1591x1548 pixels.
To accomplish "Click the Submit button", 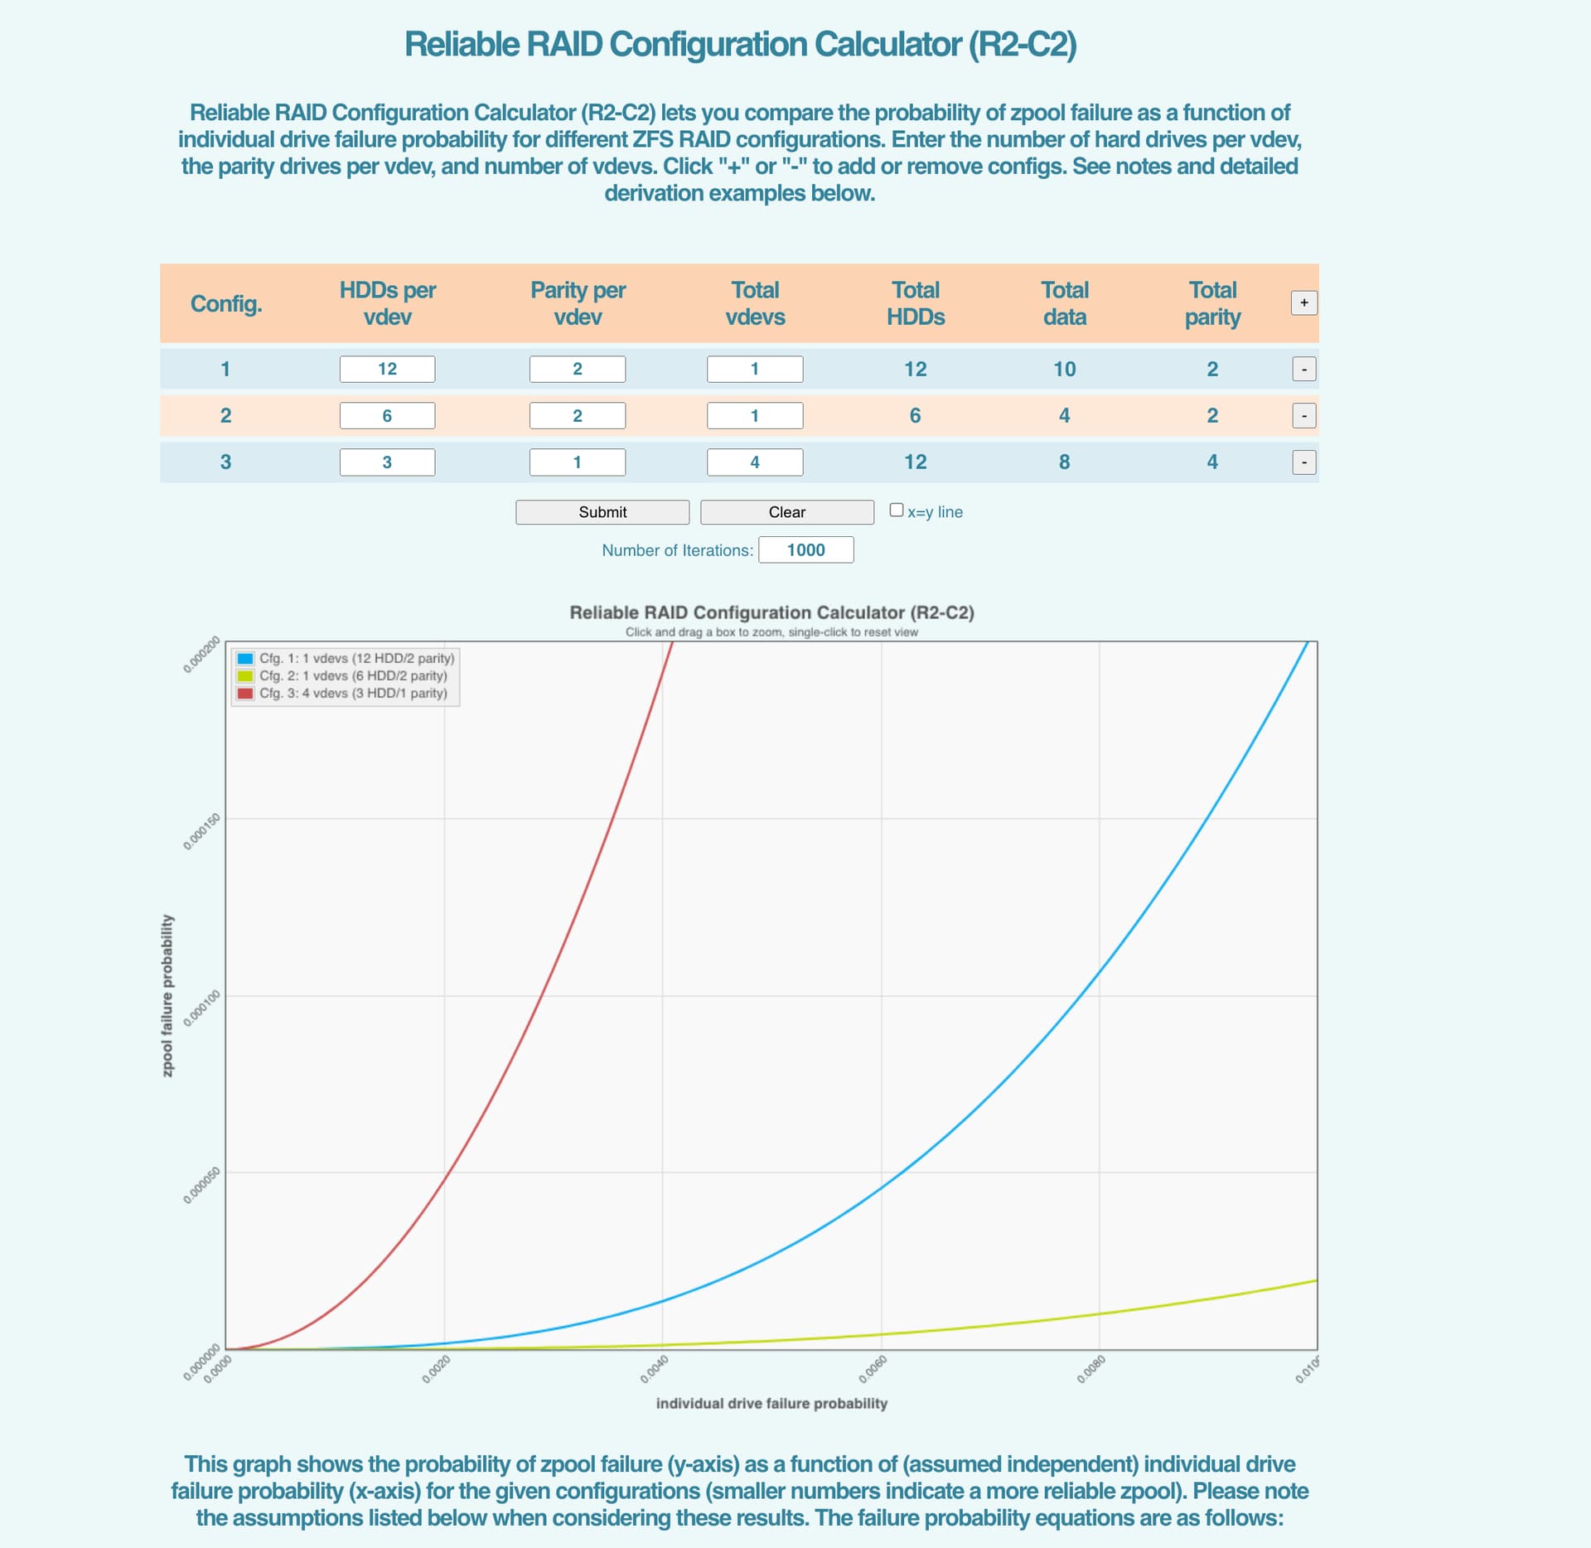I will point(602,512).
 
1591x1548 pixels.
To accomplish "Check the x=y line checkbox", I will point(896,510).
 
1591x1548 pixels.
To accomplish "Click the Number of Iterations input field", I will point(805,549).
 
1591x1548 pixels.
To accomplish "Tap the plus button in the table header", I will point(1303,302).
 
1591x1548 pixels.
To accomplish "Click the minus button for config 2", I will point(1303,415).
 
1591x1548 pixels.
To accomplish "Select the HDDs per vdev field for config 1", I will point(387,369).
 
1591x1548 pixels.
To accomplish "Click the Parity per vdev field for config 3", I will point(577,462).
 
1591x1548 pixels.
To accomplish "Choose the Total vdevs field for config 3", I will point(754,462).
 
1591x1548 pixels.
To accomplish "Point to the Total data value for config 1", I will point(1064,369).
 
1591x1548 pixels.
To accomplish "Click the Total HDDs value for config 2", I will point(915,415).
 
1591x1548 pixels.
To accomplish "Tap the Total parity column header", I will point(1212,303).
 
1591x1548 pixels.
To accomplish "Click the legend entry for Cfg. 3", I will point(352,693).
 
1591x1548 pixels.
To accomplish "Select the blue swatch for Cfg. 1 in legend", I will point(245,658).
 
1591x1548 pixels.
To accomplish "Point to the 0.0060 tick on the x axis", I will point(873,1368).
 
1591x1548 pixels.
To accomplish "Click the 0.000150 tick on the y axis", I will point(201,831).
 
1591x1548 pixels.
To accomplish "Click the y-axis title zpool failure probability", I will point(167,995).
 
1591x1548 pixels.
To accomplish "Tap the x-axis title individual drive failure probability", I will point(771,1403).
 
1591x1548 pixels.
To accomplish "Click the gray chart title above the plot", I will point(771,612).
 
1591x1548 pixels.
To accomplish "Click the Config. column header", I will point(226,303).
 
